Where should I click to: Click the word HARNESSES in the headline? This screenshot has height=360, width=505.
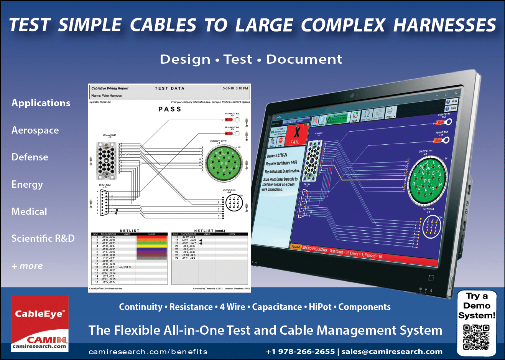(445, 25)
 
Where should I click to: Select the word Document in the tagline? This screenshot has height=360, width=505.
(304, 59)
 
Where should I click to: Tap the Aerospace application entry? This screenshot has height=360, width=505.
(35, 130)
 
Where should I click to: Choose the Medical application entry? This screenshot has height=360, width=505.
(30, 211)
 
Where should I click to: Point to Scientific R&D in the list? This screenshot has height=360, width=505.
(43, 238)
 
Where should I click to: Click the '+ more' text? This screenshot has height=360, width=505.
(27, 266)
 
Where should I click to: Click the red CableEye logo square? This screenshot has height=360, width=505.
(40, 318)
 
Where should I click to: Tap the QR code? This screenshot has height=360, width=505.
(476, 337)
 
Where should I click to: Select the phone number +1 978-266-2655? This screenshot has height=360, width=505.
(300, 352)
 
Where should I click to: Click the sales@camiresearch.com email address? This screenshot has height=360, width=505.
(392, 352)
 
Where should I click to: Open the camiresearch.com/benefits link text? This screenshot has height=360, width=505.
(148, 352)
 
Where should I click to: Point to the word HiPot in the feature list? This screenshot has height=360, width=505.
(320, 307)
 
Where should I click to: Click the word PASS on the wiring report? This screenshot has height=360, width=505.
(170, 109)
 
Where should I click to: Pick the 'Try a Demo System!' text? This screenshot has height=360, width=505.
(477, 306)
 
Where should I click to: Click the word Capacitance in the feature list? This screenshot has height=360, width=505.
(277, 307)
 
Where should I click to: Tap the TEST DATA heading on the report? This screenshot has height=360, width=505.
(169, 88)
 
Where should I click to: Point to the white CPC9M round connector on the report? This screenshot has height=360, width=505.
(234, 203)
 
